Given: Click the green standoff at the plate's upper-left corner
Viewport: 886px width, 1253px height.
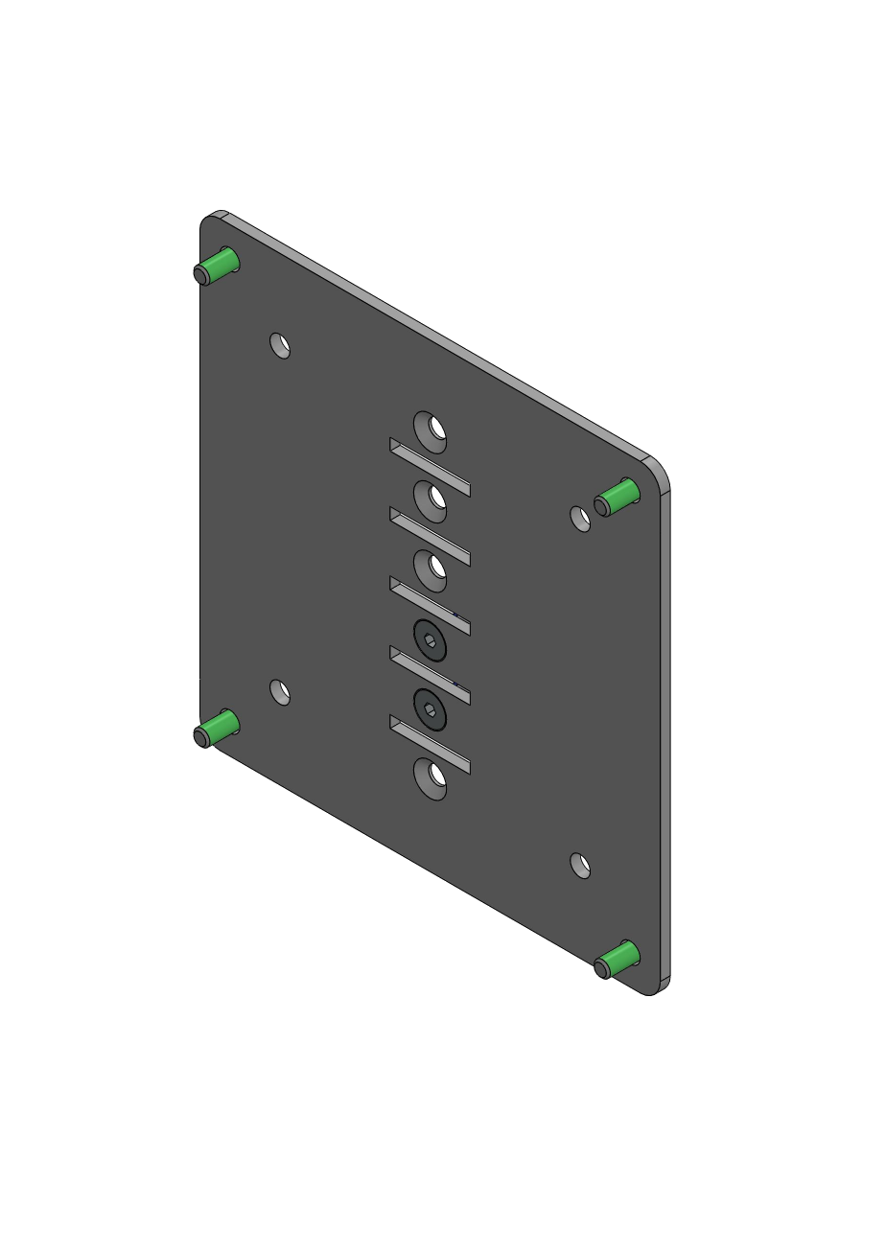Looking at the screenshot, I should pos(218,266).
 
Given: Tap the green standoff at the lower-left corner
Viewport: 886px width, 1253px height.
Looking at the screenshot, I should pos(217,728).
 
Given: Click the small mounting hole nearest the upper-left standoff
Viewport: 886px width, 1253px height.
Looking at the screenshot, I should pos(280,345).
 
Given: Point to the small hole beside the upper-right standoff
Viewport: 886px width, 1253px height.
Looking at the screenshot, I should pos(580,519).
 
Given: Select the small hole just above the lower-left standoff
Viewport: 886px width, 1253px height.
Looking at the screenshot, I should pos(280,691).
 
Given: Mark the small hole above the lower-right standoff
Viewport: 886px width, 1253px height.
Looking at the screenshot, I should pos(580,866).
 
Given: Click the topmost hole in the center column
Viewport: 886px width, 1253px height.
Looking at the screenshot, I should pos(431,431).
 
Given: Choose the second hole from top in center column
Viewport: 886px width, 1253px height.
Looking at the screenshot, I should pos(431,501).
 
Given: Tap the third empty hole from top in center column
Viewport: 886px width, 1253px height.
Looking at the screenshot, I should pos(431,570).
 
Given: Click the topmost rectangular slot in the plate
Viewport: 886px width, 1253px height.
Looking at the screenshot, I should pos(430,467).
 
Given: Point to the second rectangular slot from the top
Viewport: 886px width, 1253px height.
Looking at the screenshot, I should pos(430,536).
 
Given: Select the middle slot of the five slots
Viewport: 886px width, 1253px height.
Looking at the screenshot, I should pos(430,605).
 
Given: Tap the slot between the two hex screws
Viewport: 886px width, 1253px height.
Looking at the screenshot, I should pos(430,675).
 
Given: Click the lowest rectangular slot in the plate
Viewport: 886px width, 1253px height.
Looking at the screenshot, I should pos(430,744).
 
